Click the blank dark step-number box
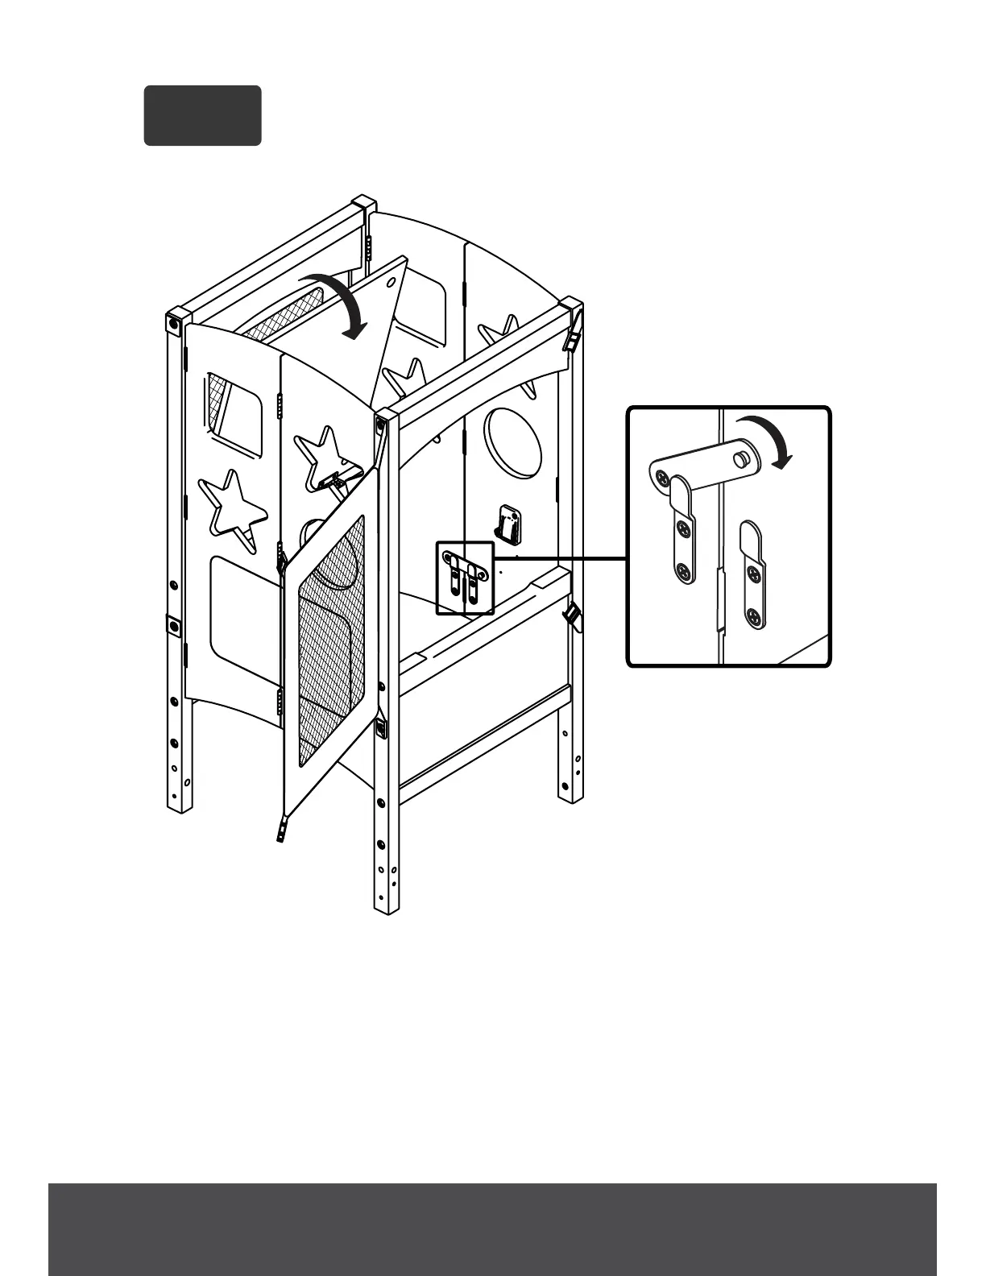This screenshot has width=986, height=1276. pos(202,115)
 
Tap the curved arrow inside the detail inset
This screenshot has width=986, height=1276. pos(768,439)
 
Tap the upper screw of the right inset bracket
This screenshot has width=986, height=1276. pos(753,574)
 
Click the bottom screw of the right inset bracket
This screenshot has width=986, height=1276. pos(753,617)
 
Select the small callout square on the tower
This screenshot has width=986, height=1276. pos(464,578)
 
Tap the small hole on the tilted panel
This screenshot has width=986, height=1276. pos(391,280)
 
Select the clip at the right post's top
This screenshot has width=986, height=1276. pos(573,337)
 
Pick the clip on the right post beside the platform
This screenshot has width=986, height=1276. pos(570,617)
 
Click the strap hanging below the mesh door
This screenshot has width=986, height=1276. pos(282,827)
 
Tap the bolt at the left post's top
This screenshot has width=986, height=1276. pos(173,324)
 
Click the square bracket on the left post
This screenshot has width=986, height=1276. pos(172,624)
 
